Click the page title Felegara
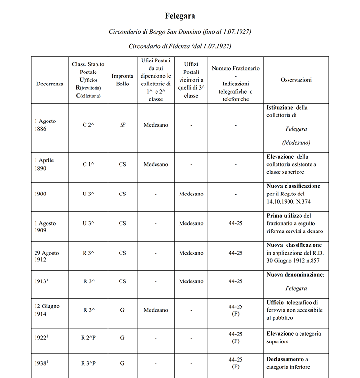[180, 16]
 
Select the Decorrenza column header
[50, 84]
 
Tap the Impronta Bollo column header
[122, 80]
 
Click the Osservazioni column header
[296, 80]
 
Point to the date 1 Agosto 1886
[45, 125]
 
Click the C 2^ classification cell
[88, 125]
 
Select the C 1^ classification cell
[88, 164]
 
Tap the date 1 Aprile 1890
[45, 164]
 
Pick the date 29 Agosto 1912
[47, 256]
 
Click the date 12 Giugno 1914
[47, 310]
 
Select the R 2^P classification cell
[88, 338]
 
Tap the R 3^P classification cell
[88, 363]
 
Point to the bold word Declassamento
[286, 359]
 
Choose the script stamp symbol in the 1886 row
[122, 125]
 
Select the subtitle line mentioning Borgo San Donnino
[180, 32]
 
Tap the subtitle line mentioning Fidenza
[180, 46]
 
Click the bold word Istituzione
[280, 107]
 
